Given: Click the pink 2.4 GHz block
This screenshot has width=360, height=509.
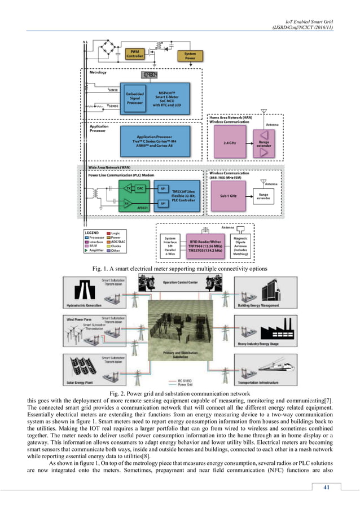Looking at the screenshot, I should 228,143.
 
